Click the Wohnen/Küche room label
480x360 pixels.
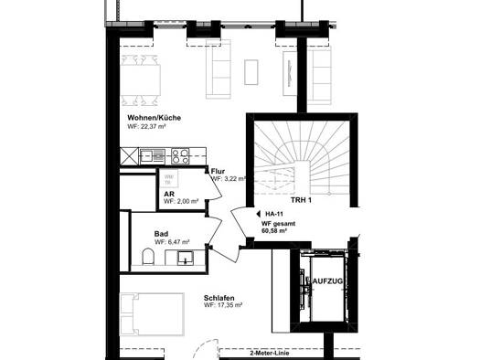point(154,118)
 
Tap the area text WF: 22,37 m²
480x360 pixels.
point(146,126)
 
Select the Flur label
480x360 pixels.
point(218,171)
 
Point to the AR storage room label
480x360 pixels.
point(169,195)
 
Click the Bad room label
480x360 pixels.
point(161,234)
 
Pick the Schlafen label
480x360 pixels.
point(219,298)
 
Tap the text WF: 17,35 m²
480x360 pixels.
point(223,305)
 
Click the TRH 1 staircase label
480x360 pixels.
point(301,200)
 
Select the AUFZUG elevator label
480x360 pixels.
point(327,281)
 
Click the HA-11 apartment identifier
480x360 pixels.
point(274,214)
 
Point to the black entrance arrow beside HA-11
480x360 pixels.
point(258,214)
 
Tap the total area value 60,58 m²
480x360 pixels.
point(274,231)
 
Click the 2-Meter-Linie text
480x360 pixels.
point(270,354)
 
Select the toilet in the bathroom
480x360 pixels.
point(148,257)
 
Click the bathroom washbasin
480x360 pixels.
point(186,258)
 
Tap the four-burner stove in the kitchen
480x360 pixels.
point(181,156)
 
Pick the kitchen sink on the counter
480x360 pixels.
point(153,156)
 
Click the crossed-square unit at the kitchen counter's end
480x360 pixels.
point(129,156)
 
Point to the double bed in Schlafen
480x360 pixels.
point(152,314)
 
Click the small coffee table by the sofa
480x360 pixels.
point(251,72)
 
